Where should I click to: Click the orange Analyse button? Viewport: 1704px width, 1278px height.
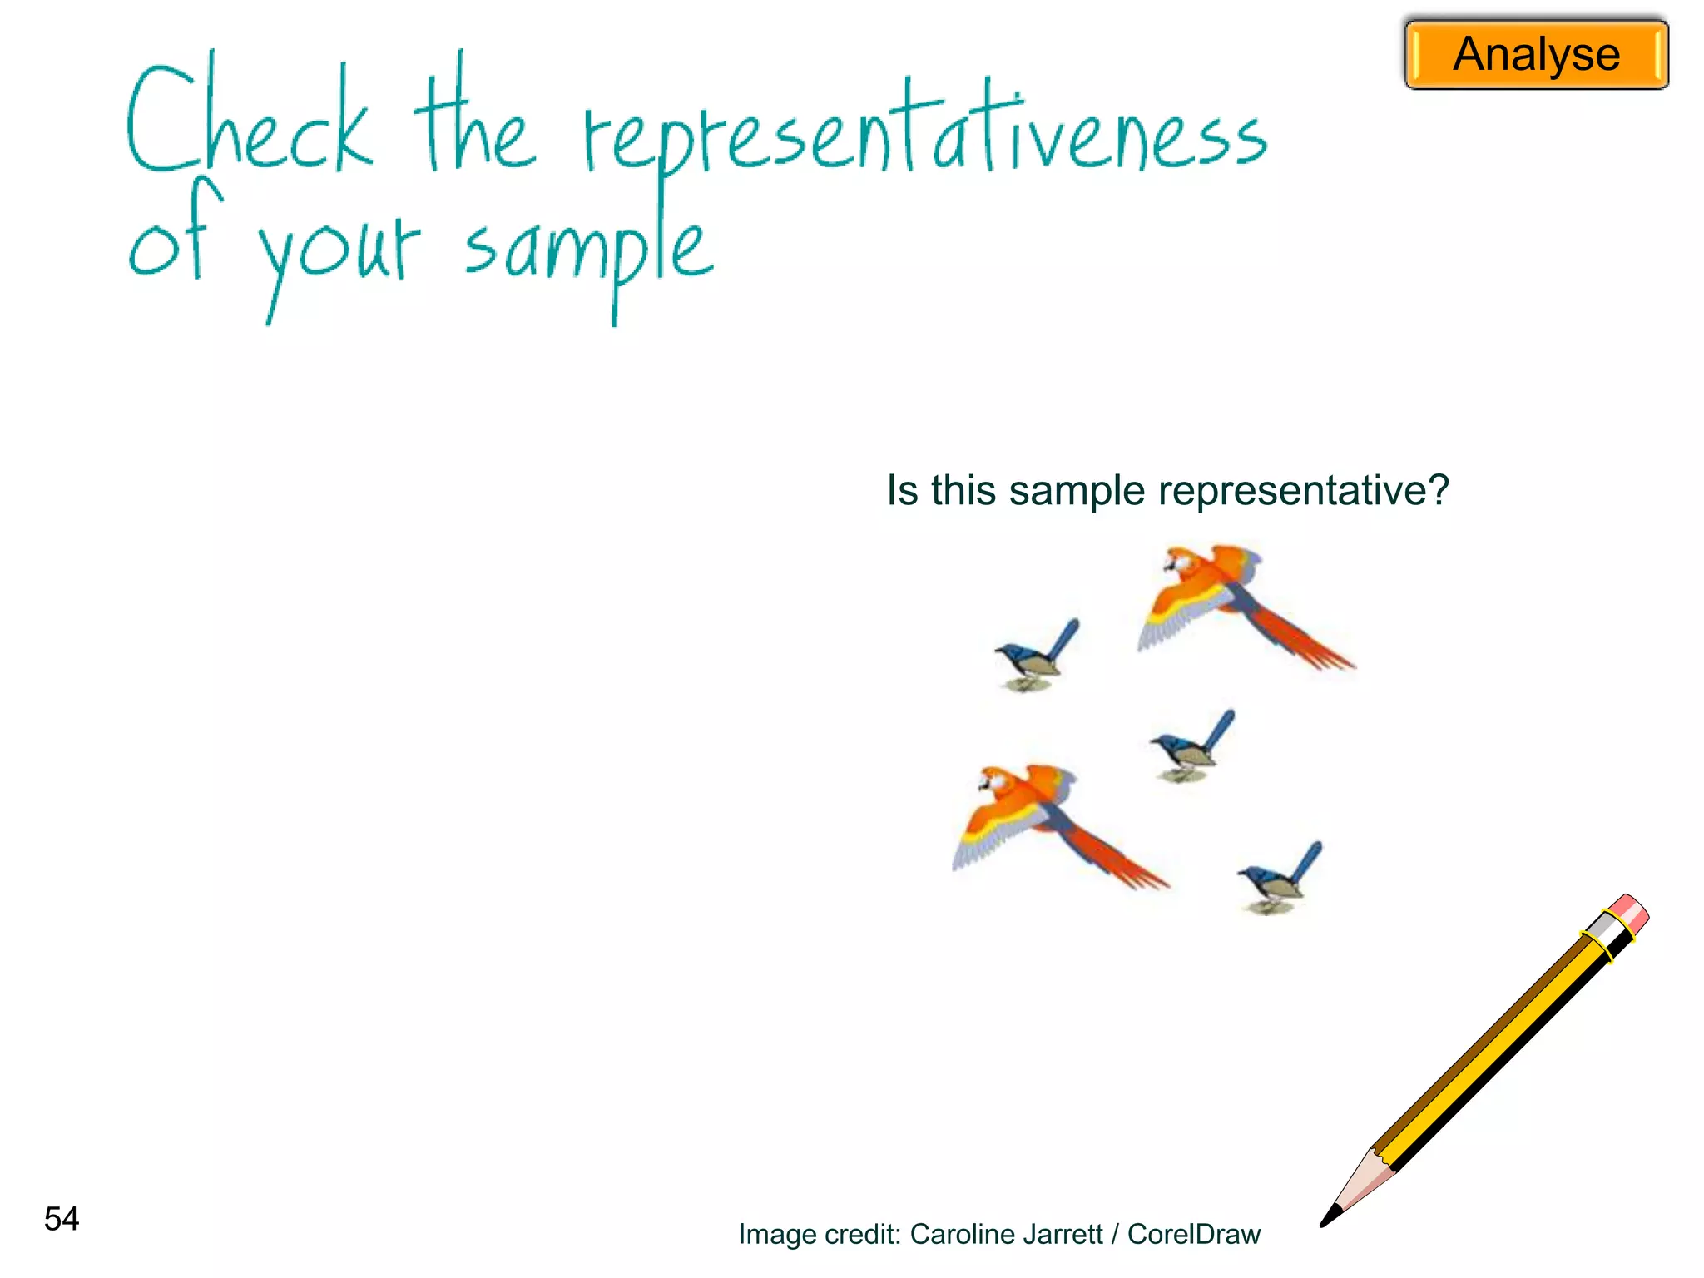1536,55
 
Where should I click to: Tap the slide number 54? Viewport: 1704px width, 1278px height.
62,1219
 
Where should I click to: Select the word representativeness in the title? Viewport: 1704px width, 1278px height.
924,133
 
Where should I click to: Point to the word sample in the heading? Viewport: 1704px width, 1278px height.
587,250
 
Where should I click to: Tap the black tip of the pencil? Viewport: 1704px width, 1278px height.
1330,1216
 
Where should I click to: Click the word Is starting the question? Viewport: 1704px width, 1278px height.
902,490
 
